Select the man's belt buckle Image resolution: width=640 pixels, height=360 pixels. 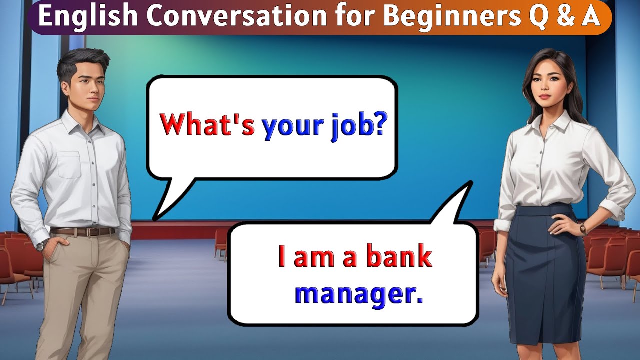pyautogui.click(x=93, y=232)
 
